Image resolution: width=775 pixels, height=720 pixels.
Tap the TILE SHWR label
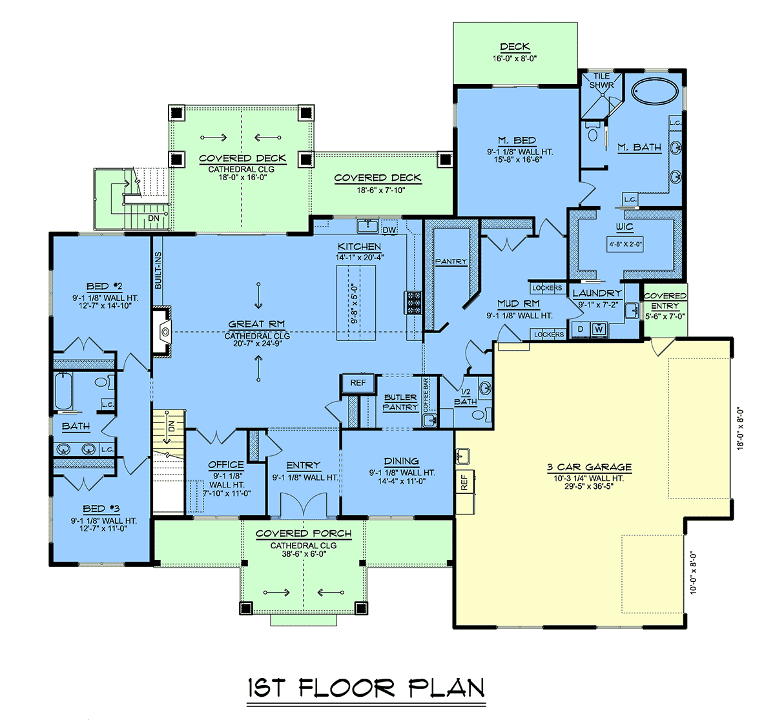[601, 81]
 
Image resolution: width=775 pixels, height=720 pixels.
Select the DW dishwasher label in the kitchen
[389, 231]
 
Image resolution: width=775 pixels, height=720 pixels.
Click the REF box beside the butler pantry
[358, 383]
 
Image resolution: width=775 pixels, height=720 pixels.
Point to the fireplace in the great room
[162, 332]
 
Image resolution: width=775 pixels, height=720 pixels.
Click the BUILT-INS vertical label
[158, 271]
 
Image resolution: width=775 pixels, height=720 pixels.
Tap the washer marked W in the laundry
[599, 329]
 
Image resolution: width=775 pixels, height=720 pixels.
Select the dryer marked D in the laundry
[581, 329]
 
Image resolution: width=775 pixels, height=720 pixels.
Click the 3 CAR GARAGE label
[589, 467]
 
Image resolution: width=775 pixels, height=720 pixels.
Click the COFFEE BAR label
[426, 395]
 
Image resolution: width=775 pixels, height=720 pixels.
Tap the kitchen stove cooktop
[413, 302]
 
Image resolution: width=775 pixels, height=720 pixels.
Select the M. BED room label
[517, 141]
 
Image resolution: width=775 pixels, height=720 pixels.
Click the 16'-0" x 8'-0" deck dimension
[515, 59]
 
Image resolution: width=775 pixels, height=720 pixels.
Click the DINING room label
[402, 461]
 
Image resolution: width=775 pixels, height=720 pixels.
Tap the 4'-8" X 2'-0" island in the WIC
[625, 244]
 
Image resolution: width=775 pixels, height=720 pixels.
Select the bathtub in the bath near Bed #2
[63, 391]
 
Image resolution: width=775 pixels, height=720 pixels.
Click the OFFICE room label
[226, 464]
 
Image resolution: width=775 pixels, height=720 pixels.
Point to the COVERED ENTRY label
[665, 300]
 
